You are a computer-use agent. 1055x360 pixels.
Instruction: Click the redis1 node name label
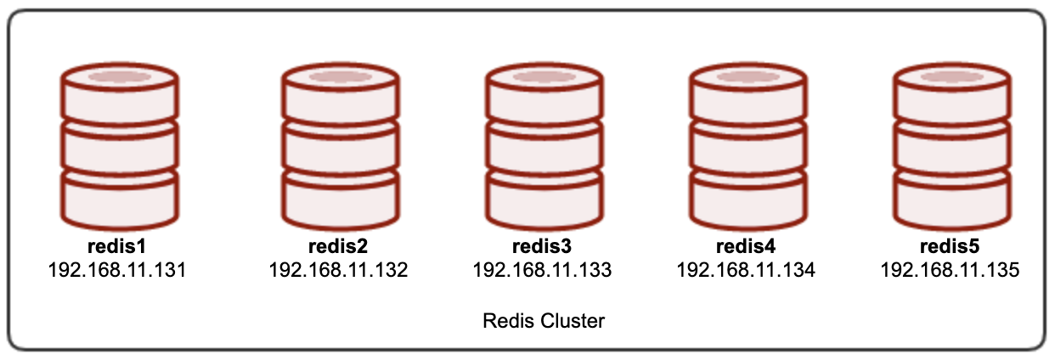tap(117, 246)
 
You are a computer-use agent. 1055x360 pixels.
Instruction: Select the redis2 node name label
tap(338, 246)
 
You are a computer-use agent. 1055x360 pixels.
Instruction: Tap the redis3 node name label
tap(542, 246)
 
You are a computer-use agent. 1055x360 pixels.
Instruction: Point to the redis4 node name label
tap(746, 246)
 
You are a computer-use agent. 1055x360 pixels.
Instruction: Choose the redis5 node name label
tap(950, 246)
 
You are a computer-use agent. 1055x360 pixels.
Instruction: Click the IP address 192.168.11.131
tap(117, 270)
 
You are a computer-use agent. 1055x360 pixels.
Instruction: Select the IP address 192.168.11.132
tap(338, 270)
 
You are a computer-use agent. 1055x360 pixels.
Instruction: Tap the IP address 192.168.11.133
tap(542, 270)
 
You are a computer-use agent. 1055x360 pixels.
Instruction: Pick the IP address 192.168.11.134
tap(746, 270)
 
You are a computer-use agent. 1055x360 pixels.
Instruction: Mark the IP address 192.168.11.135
tap(950, 270)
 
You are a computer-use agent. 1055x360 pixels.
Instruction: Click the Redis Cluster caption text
tap(544, 321)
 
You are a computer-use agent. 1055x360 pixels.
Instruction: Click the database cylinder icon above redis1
tap(120, 146)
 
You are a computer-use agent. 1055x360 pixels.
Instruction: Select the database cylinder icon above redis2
tap(341, 146)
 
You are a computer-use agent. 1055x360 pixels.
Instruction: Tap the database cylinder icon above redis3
tap(545, 146)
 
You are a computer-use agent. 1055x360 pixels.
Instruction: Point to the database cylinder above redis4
tap(749, 146)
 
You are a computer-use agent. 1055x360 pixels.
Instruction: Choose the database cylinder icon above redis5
tap(952, 146)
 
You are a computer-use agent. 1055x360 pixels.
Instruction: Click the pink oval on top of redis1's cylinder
tap(120, 77)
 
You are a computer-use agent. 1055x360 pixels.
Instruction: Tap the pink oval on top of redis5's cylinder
tap(952, 77)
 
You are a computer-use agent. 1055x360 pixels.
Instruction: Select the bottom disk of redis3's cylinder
tap(545, 201)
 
